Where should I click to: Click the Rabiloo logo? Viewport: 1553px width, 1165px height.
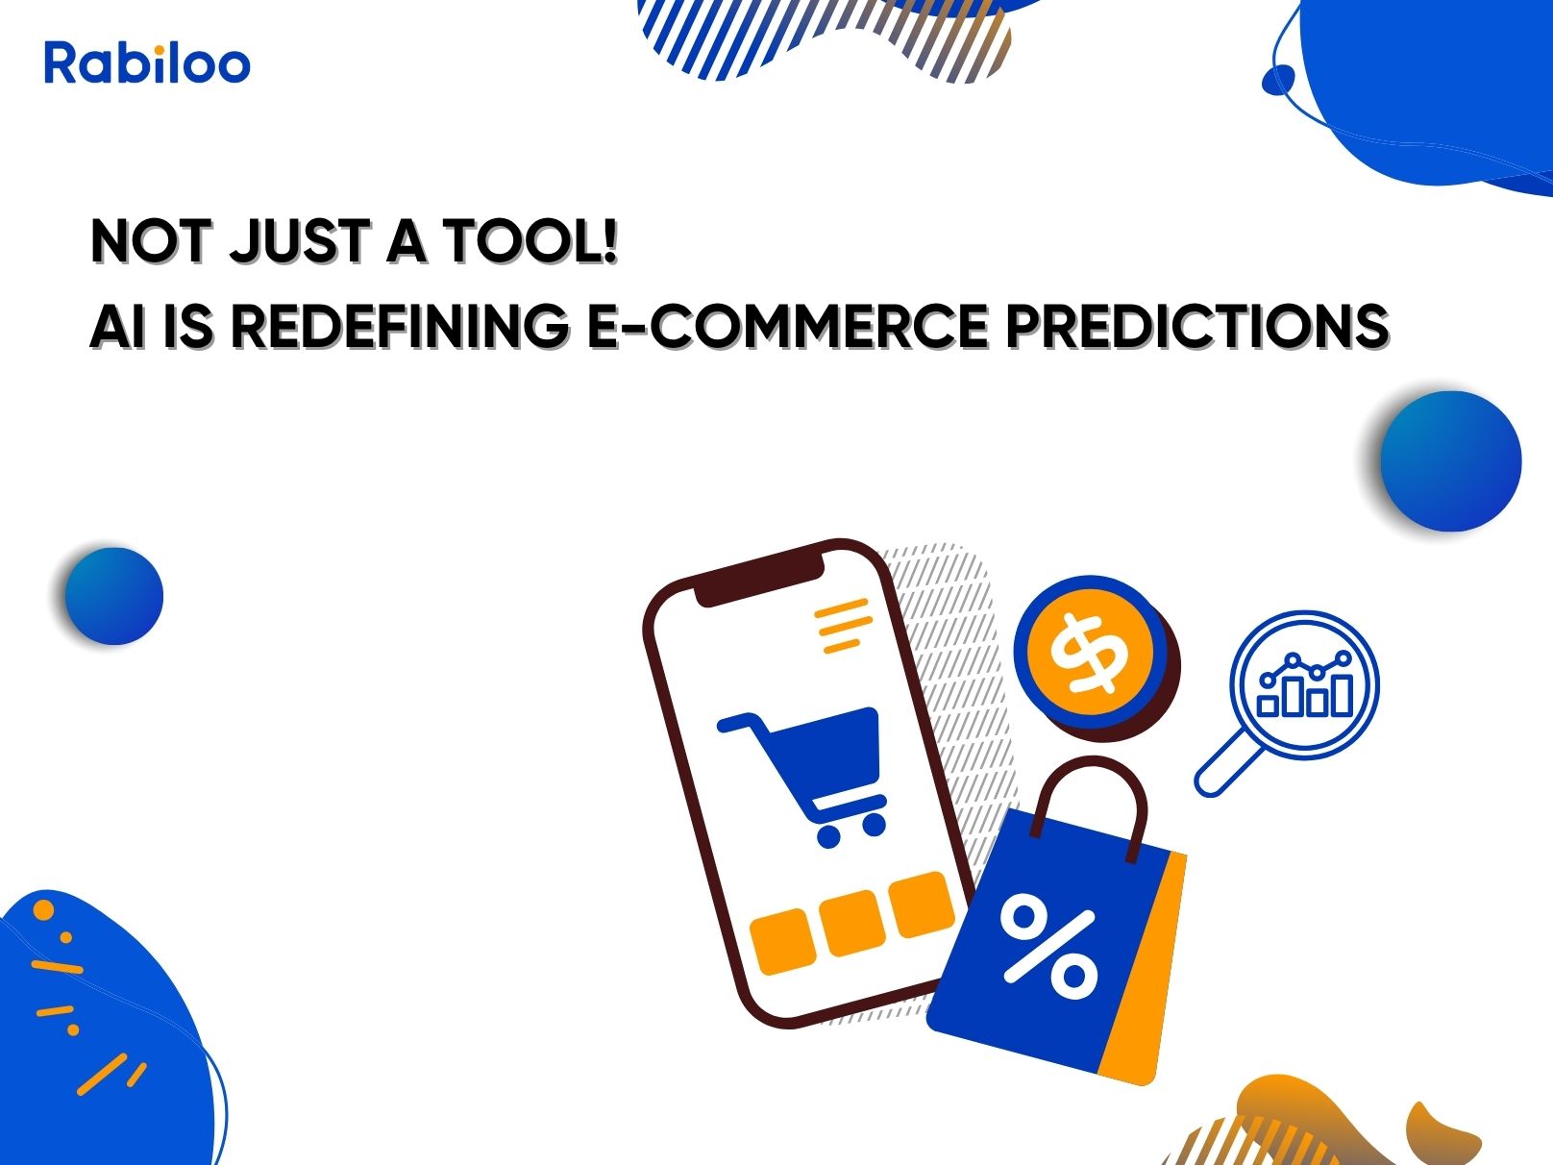pos(147,62)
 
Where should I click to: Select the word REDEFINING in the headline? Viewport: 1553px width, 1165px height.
pos(401,326)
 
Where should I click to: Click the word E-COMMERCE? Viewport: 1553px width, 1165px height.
pos(788,326)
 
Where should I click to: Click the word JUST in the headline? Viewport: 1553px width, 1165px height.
pos(299,241)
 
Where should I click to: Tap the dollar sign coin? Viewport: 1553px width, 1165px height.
pos(1096,657)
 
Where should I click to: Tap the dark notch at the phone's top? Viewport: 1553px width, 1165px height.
pos(758,576)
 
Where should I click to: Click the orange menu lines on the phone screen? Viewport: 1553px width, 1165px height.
pos(844,626)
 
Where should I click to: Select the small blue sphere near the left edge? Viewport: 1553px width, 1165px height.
pos(114,596)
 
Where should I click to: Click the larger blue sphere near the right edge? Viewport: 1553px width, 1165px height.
pos(1450,461)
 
